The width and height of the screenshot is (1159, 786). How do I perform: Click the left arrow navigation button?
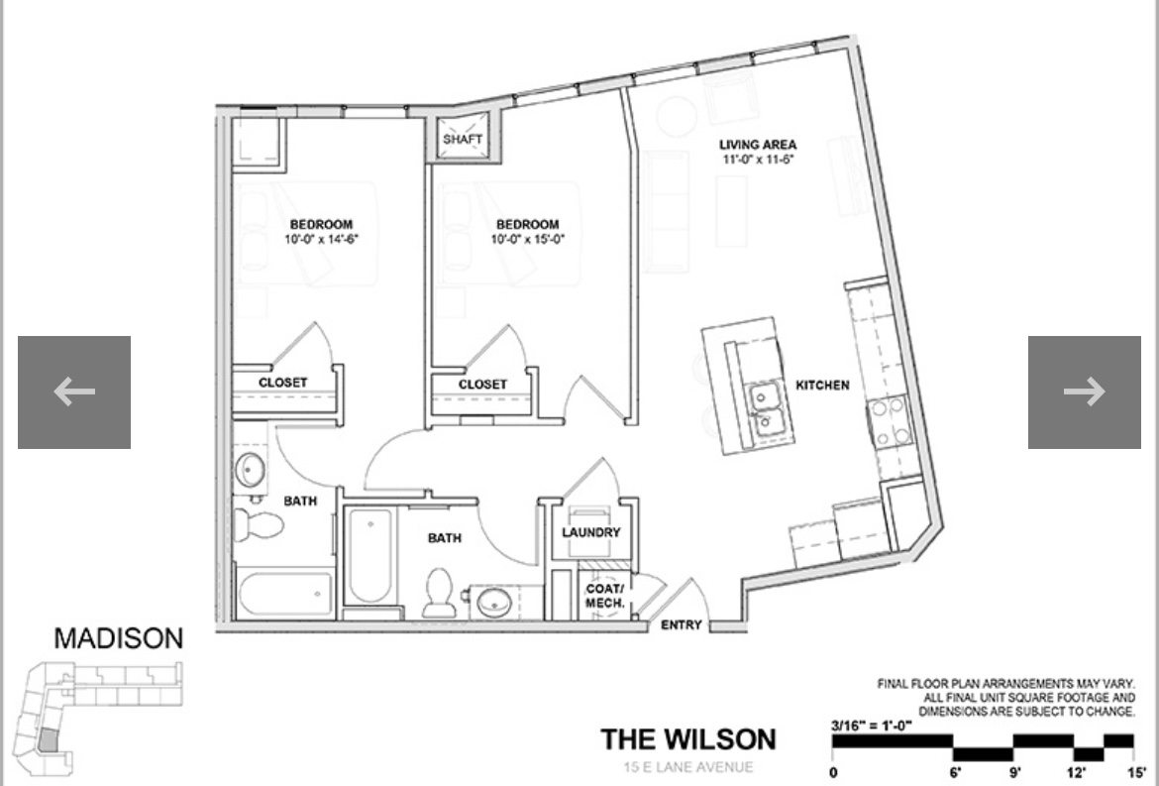(x=74, y=393)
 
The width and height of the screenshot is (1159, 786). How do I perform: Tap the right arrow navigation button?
(x=1084, y=393)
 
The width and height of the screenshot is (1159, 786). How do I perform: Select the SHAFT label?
(x=463, y=140)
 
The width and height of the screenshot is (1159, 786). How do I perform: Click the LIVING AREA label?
(x=758, y=145)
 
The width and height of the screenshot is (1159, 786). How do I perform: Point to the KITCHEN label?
(x=822, y=385)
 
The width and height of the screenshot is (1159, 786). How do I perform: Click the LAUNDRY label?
(x=590, y=532)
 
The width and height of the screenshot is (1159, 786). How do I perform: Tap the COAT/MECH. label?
(x=604, y=596)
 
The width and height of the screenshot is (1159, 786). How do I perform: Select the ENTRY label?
(x=681, y=625)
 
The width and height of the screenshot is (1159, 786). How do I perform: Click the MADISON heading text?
(x=119, y=638)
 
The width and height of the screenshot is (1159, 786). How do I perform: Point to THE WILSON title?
(x=688, y=739)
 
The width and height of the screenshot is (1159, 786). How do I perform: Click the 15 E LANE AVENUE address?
(x=688, y=767)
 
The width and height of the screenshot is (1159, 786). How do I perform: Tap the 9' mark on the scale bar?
(x=1015, y=772)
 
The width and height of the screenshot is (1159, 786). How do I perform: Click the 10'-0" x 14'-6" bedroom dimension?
(x=321, y=239)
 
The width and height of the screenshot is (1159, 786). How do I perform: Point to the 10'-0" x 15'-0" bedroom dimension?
(x=528, y=239)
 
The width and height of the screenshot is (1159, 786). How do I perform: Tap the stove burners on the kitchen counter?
(x=888, y=421)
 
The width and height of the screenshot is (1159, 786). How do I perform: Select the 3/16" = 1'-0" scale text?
(x=872, y=726)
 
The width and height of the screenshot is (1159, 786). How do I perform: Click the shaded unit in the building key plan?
(x=48, y=741)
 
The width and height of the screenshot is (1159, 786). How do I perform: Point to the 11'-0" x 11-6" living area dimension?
(x=758, y=159)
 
